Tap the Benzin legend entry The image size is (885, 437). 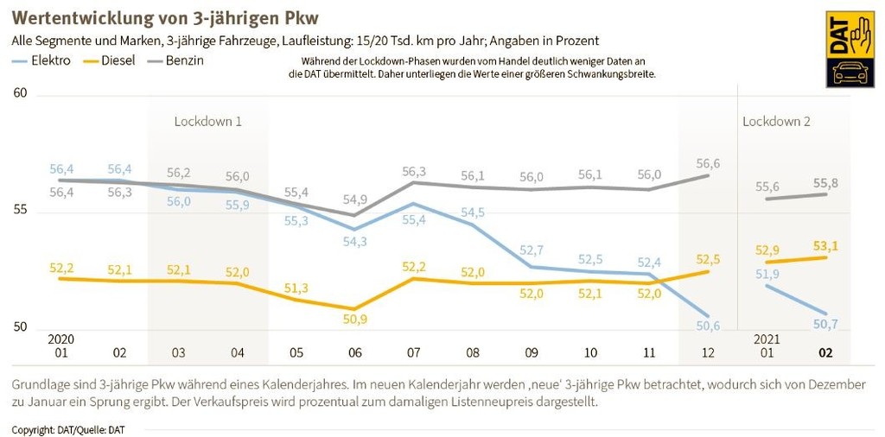[184, 60]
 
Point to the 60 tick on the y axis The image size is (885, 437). [20, 93]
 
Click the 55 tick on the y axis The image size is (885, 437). [20, 210]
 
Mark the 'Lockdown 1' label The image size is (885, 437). [207, 121]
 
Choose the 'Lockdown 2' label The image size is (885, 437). [776, 121]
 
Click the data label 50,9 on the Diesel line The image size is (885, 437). [354, 320]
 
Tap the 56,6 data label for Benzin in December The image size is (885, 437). [707, 163]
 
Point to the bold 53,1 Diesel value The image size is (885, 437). [825, 246]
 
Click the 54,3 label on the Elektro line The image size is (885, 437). [354, 241]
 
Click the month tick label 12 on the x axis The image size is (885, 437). [709, 352]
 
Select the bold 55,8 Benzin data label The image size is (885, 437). [825, 182]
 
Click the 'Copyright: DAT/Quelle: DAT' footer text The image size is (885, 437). [68, 429]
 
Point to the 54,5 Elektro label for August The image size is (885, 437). [473, 212]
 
